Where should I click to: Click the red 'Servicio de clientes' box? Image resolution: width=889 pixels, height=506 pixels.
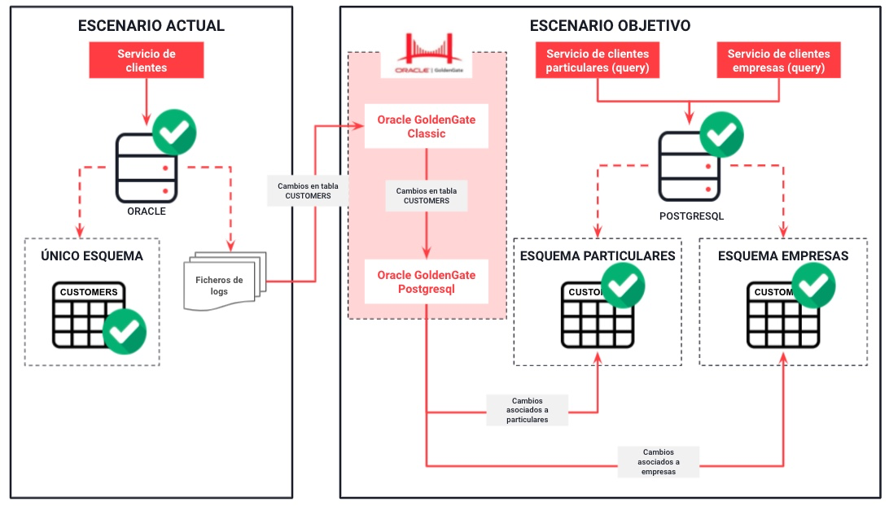147,61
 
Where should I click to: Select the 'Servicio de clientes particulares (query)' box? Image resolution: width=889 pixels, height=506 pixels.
598,61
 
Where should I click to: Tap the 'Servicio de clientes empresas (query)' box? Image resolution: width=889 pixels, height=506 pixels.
778,61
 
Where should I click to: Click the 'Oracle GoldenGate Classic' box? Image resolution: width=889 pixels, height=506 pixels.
426,126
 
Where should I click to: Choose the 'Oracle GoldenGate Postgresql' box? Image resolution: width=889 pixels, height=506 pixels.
426,281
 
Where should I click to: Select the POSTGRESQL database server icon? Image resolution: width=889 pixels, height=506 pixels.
690,169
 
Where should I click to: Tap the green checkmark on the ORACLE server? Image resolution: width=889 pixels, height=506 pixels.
175,129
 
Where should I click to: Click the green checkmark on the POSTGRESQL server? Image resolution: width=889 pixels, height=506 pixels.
721,133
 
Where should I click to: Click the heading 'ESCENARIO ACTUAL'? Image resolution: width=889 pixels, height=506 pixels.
151,26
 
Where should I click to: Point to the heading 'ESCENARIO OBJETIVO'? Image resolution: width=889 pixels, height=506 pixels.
610,26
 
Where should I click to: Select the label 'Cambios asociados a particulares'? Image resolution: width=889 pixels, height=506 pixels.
527,410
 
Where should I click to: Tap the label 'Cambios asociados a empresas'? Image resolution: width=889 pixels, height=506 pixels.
658,460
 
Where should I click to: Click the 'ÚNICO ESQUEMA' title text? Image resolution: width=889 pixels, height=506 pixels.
92,255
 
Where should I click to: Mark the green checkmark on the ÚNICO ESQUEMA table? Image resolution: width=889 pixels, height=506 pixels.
125,330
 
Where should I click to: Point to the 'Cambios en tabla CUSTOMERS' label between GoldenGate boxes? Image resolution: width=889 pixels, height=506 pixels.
427,196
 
